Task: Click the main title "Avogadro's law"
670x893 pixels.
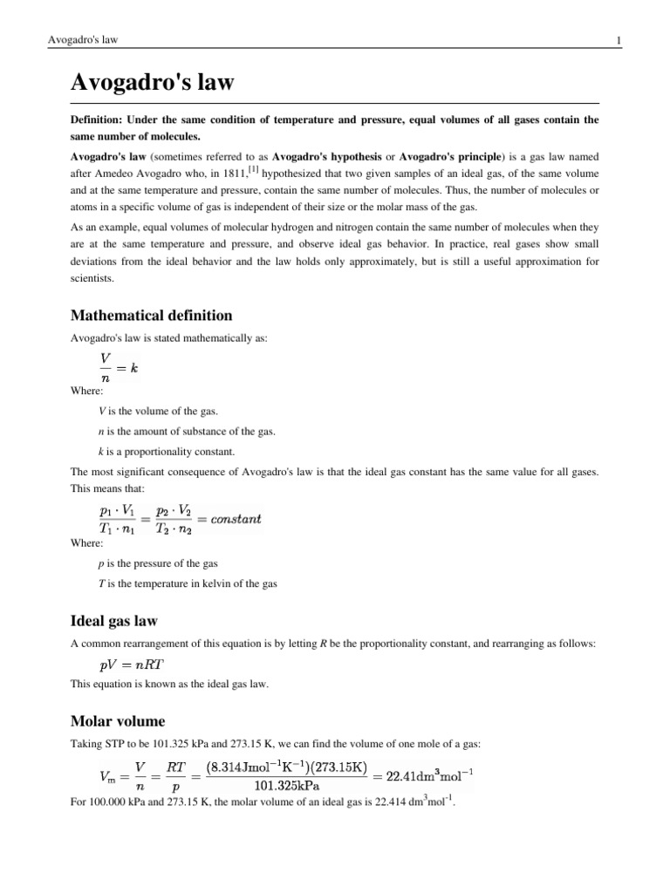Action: tap(152, 85)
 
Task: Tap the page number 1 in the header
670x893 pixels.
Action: tap(643, 40)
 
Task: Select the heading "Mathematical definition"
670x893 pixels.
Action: tap(151, 315)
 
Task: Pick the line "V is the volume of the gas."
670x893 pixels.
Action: tap(158, 411)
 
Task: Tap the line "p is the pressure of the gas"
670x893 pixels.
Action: tap(160, 562)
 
